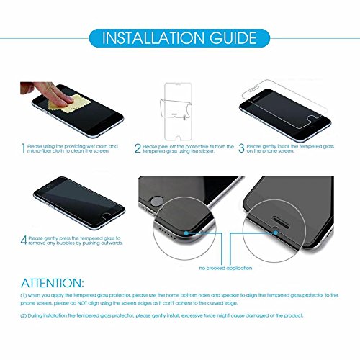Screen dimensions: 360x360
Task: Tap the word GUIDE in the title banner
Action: click(233, 38)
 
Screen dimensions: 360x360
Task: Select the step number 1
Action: click(23, 148)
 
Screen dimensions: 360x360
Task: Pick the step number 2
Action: click(138, 148)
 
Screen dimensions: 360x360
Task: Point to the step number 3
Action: click(241, 148)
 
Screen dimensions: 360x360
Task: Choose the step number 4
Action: click(24, 240)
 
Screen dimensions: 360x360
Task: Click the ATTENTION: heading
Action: click(53, 283)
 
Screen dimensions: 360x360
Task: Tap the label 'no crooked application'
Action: click(225, 268)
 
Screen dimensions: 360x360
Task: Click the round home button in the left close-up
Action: click(156, 202)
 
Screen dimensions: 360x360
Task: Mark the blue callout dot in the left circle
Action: click(186, 233)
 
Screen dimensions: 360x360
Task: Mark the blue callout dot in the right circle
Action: click(276, 233)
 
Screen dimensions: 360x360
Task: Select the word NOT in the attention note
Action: click(82, 303)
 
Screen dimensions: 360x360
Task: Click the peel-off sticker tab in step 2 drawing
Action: click(184, 117)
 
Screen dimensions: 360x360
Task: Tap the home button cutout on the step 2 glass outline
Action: click(178, 138)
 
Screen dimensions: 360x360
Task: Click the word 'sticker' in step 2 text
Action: click(207, 151)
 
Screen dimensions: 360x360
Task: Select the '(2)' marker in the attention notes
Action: click(24, 315)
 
